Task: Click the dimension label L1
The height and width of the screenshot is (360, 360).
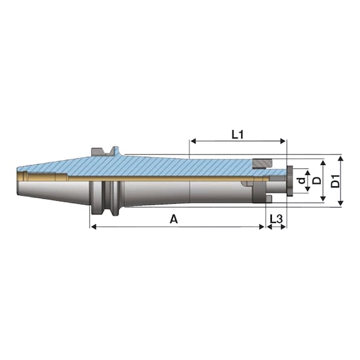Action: (237, 135)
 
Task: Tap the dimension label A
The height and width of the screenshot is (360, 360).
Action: (174, 219)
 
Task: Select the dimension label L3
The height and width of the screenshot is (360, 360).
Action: (276, 219)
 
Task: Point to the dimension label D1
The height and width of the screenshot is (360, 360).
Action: (336, 181)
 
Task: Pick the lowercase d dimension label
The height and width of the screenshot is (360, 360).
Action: (302, 181)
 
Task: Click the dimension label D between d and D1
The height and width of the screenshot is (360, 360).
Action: (317, 181)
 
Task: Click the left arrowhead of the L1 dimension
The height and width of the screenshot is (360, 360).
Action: (193, 141)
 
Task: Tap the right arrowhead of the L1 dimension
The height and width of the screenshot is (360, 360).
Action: (282, 141)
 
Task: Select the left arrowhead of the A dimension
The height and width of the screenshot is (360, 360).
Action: (94, 227)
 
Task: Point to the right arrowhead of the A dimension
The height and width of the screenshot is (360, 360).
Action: (261, 227)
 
